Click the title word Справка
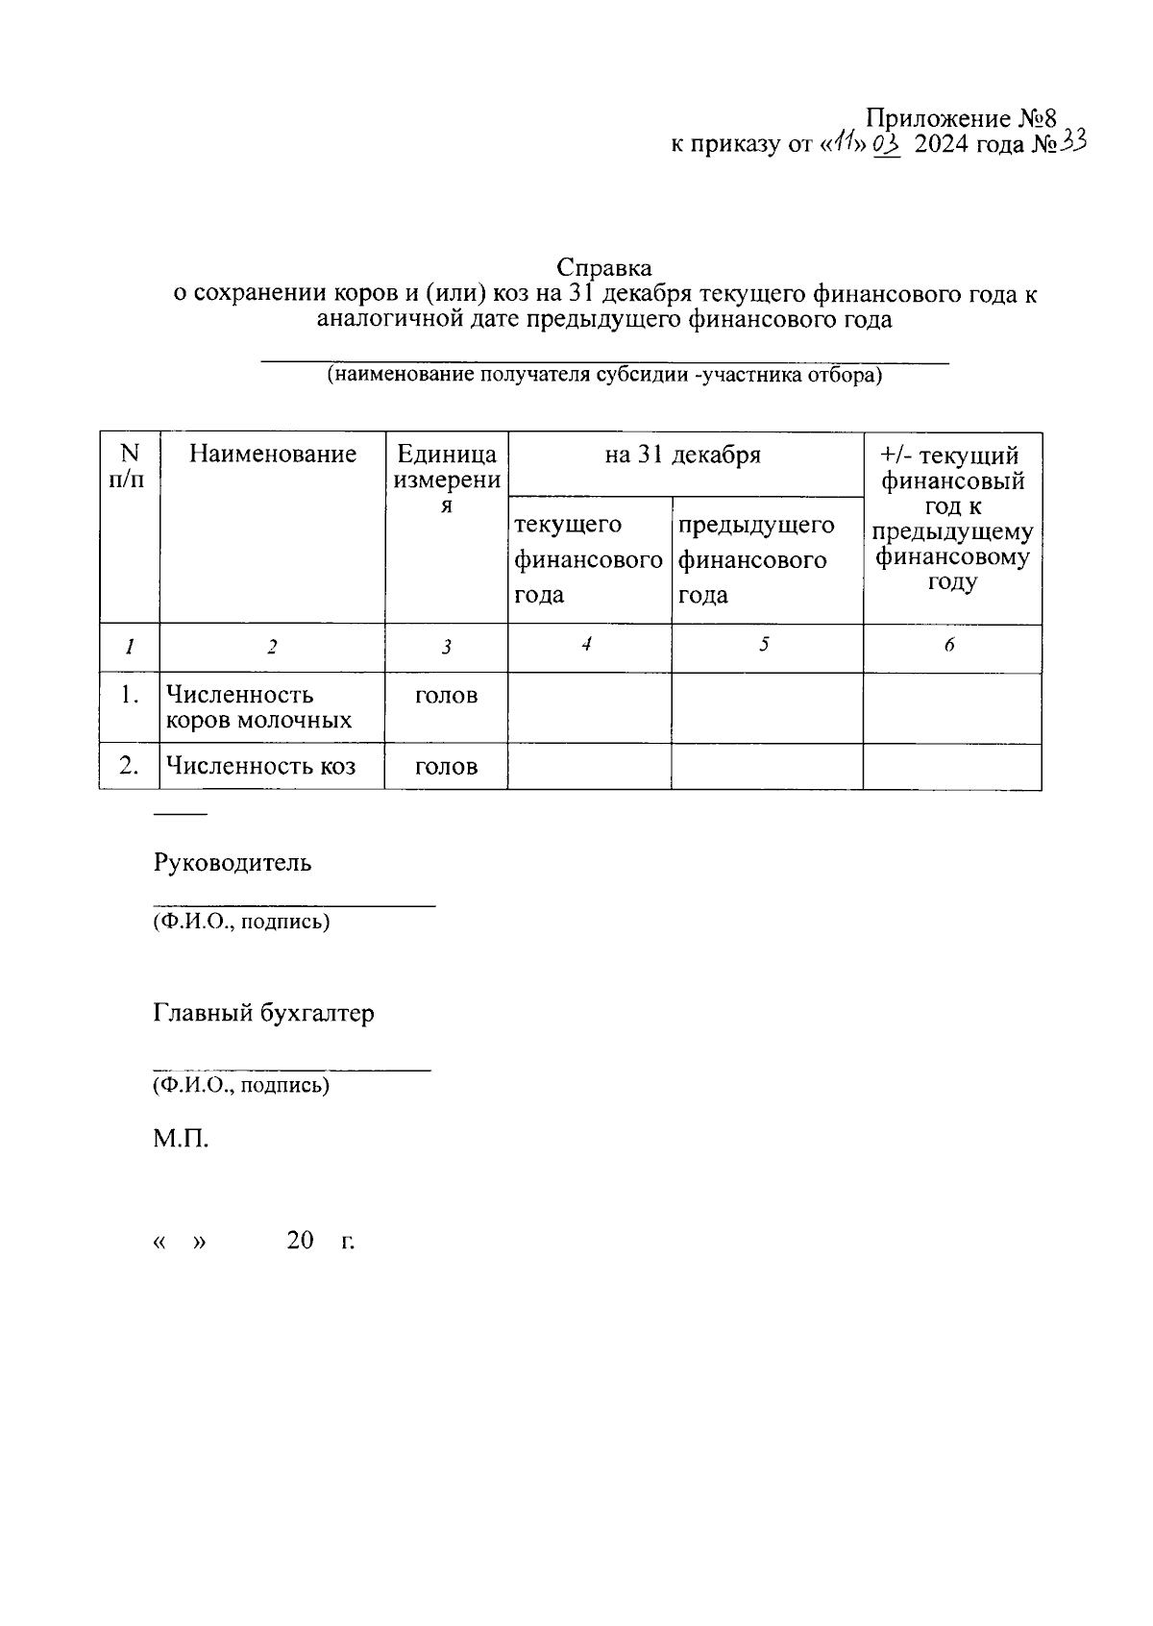point(604,267)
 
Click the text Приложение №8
point(961,119)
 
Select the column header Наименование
point(272,454)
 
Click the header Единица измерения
point(446,479)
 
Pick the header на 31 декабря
point(683,455)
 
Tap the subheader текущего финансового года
point(587,559)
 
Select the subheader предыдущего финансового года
point(756,559)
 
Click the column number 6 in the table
point(949,646)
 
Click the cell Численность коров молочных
point(258,707)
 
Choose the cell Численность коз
point(260,766)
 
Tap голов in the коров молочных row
point(446,696)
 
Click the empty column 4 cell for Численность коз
point(589,766)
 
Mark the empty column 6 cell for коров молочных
point(951,707)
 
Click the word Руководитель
point(233,862)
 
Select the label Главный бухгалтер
point(263,1013)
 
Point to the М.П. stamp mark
point(181,1140)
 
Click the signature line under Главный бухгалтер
point(292,1068)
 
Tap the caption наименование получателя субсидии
point(604,375)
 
